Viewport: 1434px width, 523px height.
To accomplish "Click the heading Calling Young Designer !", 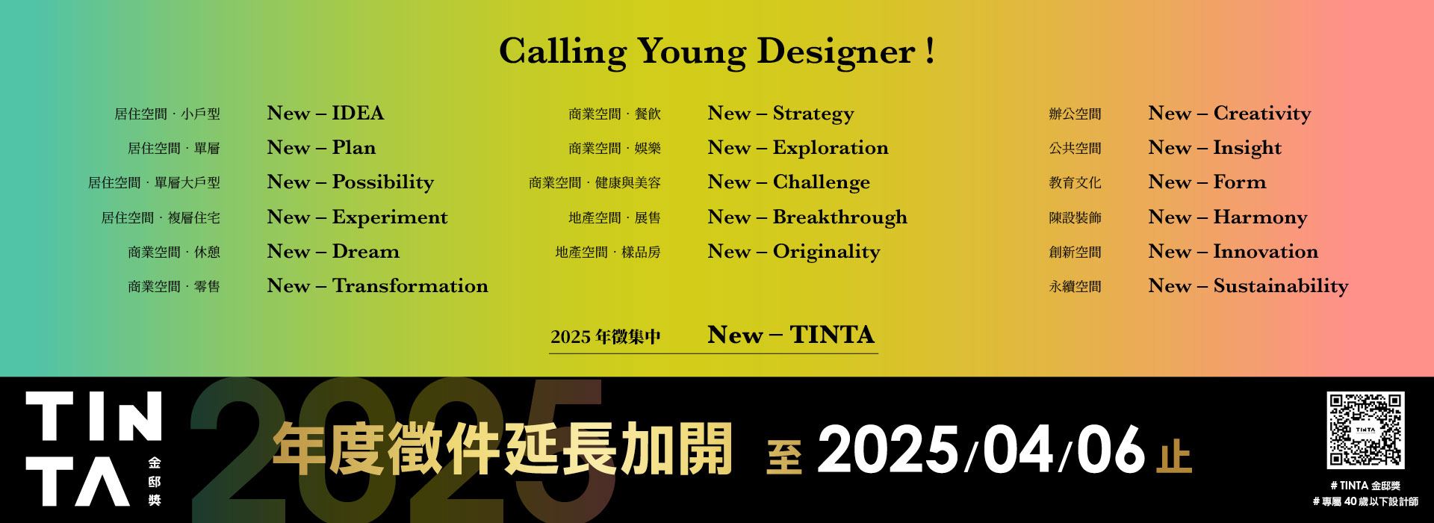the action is coord(717,52).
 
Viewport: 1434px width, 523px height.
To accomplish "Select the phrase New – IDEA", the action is coord(326,114).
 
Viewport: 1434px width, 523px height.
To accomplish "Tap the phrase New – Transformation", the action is coord(378,286).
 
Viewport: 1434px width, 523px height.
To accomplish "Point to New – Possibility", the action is coord(350,183).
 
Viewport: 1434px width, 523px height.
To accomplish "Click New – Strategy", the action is coord(780,114).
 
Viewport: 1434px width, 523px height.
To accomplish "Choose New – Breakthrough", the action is coord(807,217).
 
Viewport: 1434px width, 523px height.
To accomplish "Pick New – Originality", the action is coord(794,253).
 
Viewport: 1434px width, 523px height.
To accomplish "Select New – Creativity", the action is coord(1229,114).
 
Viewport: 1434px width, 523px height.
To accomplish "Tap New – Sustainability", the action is coord(1248,287).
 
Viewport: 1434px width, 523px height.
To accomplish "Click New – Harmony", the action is coord(1228,218).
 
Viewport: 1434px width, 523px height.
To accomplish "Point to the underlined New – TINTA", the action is coord(791,335).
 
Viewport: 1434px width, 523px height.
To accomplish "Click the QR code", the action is coord(1365,430).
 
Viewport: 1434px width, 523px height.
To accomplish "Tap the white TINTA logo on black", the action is coord(94,448).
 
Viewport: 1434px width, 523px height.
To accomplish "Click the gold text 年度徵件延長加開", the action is coord(502,450).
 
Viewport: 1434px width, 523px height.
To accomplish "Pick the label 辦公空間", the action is coord(1075,114).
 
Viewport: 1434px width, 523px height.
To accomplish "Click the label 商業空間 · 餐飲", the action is coord(615,114).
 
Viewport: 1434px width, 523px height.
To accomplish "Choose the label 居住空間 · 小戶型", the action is coord(167,114).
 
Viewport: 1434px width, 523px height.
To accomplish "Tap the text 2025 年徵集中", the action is coord(606,337).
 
